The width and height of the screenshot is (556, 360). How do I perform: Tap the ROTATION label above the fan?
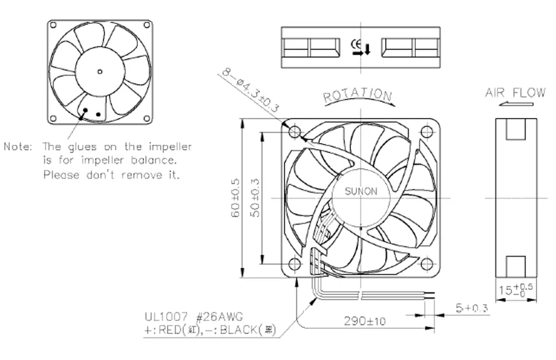[358, 96]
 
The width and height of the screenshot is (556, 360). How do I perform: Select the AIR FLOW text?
[515, 92]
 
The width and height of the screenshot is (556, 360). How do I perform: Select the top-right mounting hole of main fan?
[426, 132]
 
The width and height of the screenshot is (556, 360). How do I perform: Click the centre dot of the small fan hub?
[100, 71]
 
